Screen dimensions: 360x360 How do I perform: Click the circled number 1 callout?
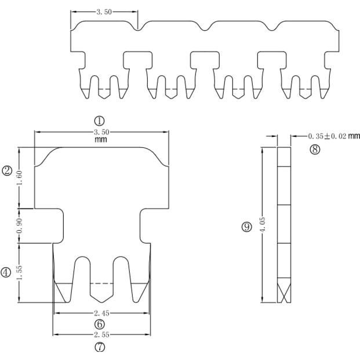coord(99,120)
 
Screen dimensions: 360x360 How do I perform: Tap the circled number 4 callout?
coord(6,272)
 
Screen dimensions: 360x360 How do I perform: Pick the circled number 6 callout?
coord(100,323)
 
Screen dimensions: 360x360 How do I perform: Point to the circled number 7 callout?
coord(100,347)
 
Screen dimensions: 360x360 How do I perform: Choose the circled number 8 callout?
coord(315,150)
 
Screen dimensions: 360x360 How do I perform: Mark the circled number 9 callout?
coord(246,227)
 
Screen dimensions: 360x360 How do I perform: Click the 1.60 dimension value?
coord(20,178)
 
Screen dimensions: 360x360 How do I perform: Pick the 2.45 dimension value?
coord(101,313)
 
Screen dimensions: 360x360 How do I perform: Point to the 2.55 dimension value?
coord(101,334)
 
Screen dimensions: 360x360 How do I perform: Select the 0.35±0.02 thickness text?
coord(327,136)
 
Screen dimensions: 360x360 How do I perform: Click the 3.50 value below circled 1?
coord(102,132)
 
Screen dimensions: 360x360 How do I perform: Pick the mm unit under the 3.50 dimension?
coord(100,140)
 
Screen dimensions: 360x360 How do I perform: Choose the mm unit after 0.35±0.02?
coord(354,136)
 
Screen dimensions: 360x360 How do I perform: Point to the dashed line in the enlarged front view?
coord(101,283)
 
